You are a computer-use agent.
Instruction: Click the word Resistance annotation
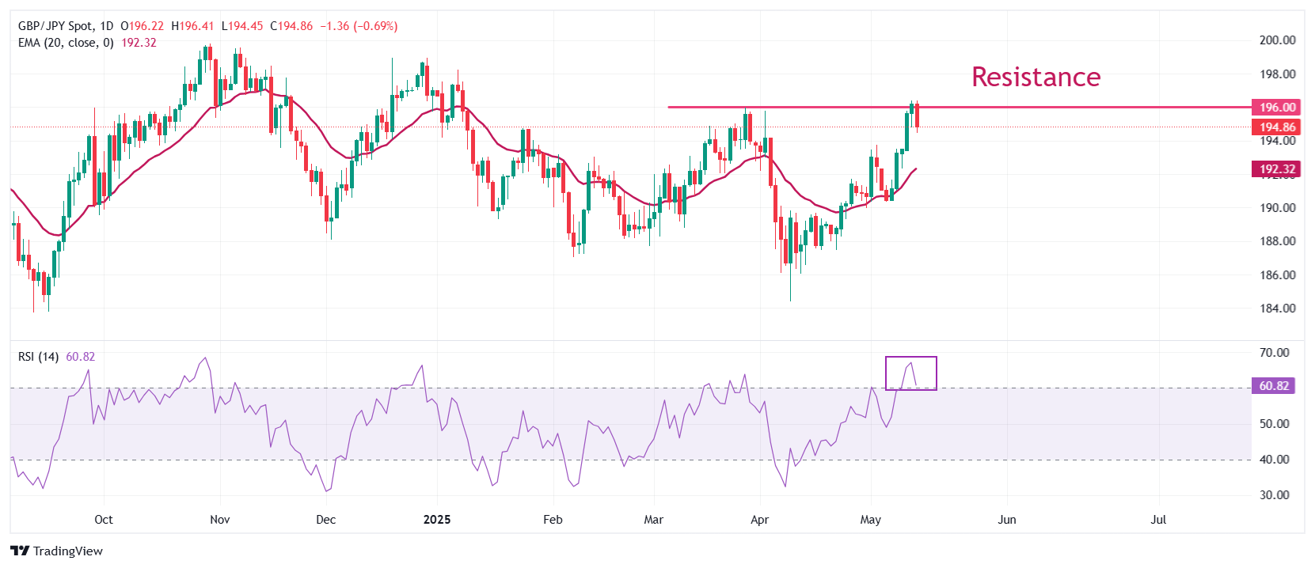tap(1036, 77)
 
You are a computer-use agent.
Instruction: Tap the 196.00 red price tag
tap(1277, 107)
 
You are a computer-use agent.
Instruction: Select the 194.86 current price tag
tap(1277, 127)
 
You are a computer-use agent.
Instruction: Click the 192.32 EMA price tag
tap(1277, 169)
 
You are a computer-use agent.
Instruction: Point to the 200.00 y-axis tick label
tap(1277, 40)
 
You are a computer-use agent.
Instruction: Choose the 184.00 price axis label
tap(1277, 309)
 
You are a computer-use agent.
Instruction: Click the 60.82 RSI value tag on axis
tap(1274, 386)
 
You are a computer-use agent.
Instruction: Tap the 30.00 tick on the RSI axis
tap(1274, 495)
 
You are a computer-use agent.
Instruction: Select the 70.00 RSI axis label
tap(1274, 353)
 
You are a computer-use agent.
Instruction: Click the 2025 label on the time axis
tap(437, 520)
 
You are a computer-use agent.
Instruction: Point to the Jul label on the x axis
tap(1158, 520)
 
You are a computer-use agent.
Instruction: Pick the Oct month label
tap(104, 520)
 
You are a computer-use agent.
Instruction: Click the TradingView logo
tap(57, 551)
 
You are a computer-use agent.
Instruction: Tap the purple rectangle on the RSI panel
tap(910, 373)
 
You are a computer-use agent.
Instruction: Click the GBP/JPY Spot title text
tap(54, 26)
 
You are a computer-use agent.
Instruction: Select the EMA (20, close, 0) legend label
tap(66, 43)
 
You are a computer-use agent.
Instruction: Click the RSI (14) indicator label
tap(38, 357)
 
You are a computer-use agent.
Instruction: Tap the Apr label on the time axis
tap(759, 520)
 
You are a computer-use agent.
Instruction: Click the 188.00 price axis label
tap(1277, 241)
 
